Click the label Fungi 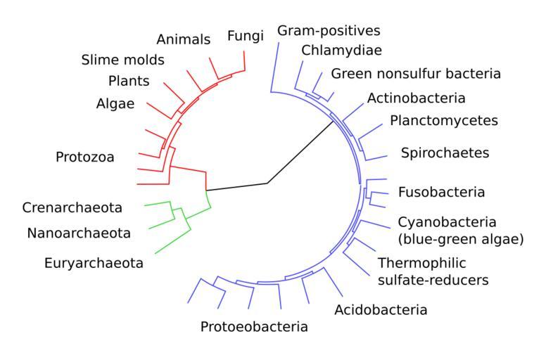[245, 36]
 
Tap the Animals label [183, 39]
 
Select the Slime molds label [122, 60]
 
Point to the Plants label [129, 81]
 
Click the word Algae [116, 104]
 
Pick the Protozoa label [85, 157]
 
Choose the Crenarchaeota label [72, 207]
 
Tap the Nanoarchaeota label [79, 232]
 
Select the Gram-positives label [329, 31]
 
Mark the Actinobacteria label [417, 98]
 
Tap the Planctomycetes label [444, 120]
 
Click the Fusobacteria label [441, 192]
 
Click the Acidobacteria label [381, 309]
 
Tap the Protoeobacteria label [254, 326]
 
